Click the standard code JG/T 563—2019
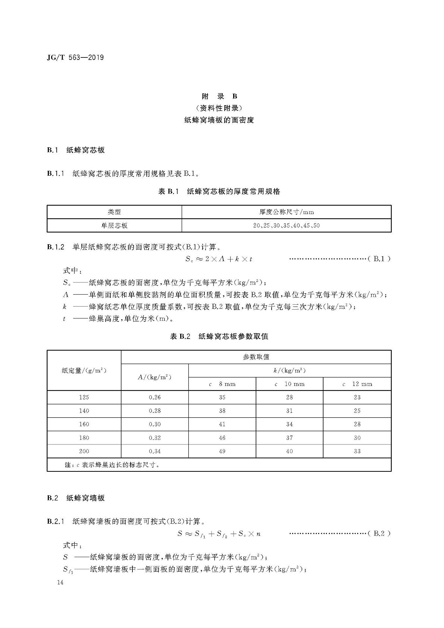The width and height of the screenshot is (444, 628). [x=75, y=57]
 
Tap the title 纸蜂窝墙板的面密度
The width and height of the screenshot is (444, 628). [x=219, y=120]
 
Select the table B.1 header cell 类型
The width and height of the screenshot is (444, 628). [x=114, y=212]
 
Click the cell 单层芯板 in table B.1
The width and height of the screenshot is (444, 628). [x=114, y=225]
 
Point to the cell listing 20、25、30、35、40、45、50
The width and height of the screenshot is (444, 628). [x=286, y=225]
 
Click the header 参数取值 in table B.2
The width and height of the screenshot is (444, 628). [x=256, y=357]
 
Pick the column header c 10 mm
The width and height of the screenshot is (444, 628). [x=289, y=384]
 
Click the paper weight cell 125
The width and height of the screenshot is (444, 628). [x=84, y=397]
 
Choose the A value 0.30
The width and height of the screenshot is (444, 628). [x=154, y=424]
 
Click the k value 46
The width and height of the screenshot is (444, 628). [x=222, y=437]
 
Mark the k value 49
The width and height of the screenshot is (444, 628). [x=222, y=451]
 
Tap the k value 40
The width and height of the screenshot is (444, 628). [x=289, y=451]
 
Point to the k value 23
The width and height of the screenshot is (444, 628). [x=357, y=397]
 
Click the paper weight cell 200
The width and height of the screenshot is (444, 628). [x=84, y=451]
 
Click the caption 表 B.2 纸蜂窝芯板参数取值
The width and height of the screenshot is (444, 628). [x=219, y=336]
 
